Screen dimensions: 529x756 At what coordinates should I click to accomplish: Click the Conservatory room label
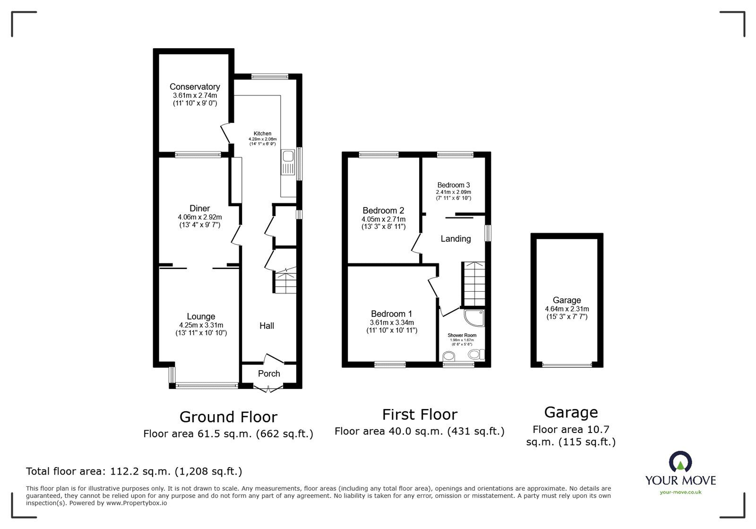tap(195, 87)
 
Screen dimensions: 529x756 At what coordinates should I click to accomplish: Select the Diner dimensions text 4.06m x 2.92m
tap(199, 217)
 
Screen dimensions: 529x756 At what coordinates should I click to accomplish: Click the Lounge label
tap(201, 316)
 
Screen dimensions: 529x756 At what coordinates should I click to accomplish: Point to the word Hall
tap(266, 325)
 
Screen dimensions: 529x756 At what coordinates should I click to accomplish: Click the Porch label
tap(269, 373)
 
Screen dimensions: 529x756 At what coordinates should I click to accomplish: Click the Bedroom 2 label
tap(383, 210)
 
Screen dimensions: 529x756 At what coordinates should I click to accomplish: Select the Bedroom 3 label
tap(453, 185)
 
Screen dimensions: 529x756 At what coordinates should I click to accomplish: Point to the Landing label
tap(455, 239)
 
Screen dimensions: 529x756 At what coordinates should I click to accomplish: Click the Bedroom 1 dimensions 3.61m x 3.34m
tap(392, 322)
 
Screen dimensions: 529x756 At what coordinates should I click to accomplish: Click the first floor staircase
tap(473, 284)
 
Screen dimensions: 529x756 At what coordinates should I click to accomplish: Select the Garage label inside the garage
tap(567, 300)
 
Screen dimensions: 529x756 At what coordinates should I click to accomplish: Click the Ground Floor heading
tap(228, 416)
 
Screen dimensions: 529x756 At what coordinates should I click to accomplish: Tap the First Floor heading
tap(420, 415)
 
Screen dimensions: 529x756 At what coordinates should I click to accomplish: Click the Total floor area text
tap(134, 471)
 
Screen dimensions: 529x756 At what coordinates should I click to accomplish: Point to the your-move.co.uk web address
tap(680, 492)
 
